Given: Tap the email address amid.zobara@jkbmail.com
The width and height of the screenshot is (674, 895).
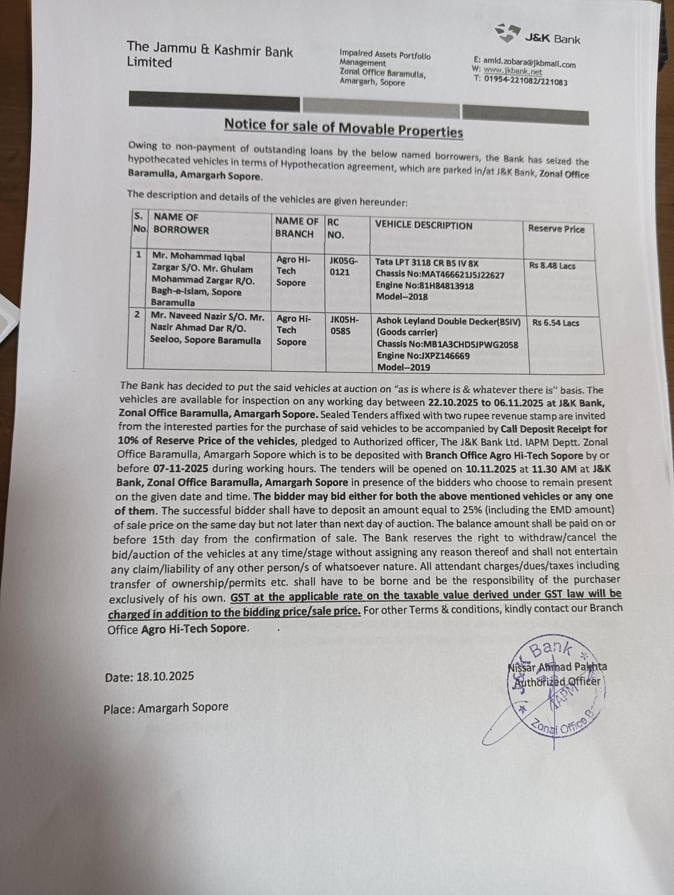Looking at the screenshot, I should click(x=529, y=63).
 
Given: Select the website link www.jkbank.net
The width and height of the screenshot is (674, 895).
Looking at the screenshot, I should click(x=513, y=71).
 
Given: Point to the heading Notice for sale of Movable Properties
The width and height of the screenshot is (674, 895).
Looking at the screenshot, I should click(x=344, y=129).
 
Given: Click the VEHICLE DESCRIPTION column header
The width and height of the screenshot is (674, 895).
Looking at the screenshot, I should click(x=423, y=226).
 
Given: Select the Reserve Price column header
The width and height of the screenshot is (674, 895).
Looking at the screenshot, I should click(x=556, y=229).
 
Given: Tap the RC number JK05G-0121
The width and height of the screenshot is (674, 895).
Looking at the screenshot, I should click(x=343, y=266).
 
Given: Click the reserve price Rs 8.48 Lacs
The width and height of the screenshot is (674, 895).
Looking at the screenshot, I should click(x=552, y=266).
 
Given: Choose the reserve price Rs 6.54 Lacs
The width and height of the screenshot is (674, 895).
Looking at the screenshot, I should click(x=556, y=323).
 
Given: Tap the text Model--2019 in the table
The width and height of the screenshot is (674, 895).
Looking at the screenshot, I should click(x=403, y=367).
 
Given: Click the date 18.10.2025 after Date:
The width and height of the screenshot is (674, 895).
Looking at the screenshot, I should click(x=165, y=676).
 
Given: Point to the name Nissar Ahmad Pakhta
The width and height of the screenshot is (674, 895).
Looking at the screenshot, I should click(x=557, y=667).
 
